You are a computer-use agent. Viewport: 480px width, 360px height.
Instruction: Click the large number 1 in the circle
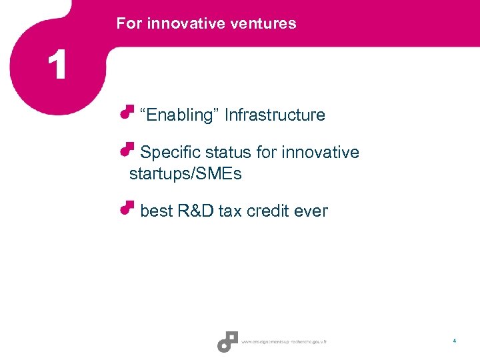57,66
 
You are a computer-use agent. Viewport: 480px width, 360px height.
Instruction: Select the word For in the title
129,23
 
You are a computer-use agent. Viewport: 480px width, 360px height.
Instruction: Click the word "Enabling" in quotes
179,115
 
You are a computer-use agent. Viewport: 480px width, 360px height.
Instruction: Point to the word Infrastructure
275,115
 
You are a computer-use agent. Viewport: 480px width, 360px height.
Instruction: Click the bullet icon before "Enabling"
127,111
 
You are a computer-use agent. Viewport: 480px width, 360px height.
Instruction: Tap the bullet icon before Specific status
127,149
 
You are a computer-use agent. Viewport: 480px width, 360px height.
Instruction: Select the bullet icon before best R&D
127,207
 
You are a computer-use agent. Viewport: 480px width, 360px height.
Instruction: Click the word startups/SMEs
185,175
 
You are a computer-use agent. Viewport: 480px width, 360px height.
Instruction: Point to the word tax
230,211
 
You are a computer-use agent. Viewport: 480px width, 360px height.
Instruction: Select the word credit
268,211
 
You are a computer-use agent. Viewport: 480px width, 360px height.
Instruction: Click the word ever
311,211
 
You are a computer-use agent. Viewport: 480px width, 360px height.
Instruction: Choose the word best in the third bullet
157,211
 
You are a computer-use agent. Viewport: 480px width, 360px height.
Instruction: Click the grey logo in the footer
227,341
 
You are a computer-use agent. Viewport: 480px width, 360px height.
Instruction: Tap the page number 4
454,341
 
